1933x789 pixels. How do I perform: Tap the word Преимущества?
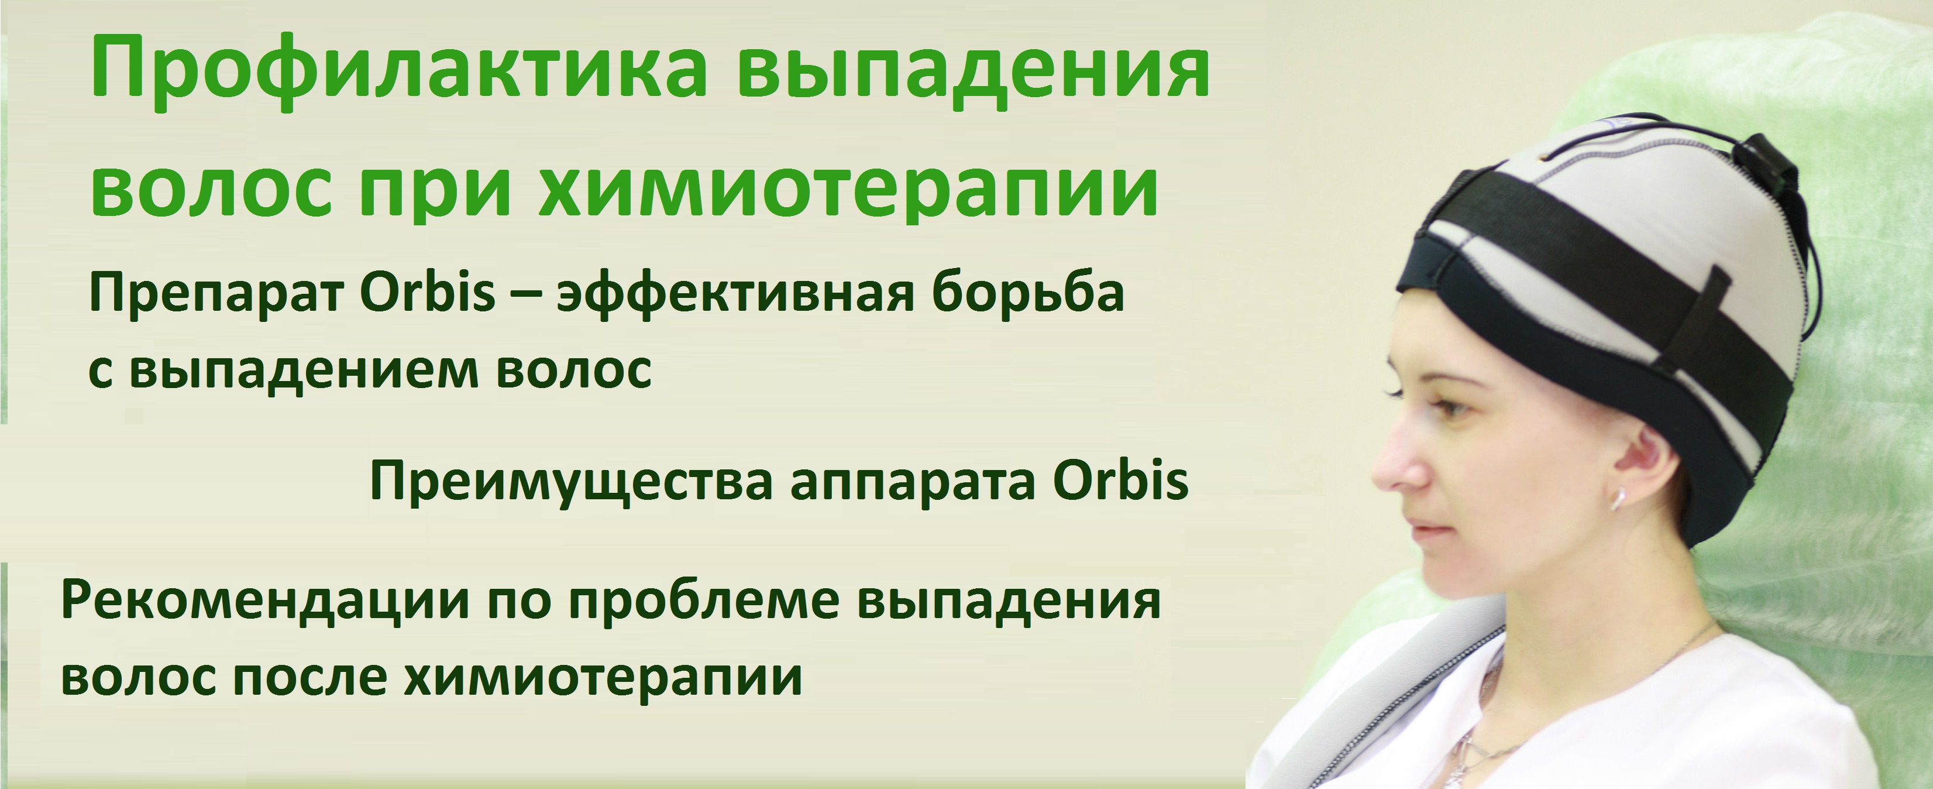point(571,482)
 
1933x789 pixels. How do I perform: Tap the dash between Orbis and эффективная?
point(525,296)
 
